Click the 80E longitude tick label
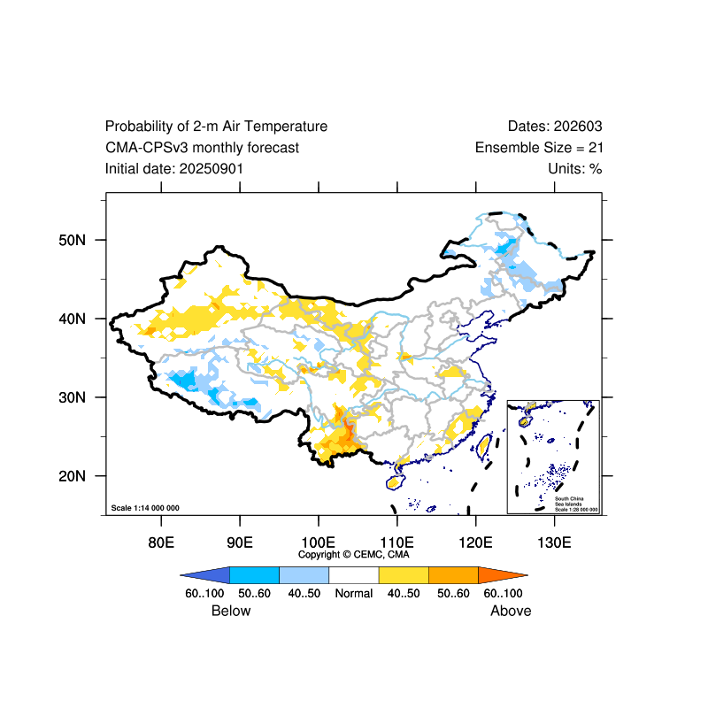160,541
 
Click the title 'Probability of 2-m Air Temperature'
216,127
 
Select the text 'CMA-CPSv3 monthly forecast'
202,148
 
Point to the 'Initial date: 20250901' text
174,168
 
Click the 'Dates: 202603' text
555,127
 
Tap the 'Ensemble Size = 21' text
539,148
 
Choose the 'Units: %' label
574,168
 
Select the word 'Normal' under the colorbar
354,593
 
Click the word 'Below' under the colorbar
231,611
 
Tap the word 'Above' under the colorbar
511,611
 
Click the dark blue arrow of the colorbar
204,574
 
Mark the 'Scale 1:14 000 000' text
145,508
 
